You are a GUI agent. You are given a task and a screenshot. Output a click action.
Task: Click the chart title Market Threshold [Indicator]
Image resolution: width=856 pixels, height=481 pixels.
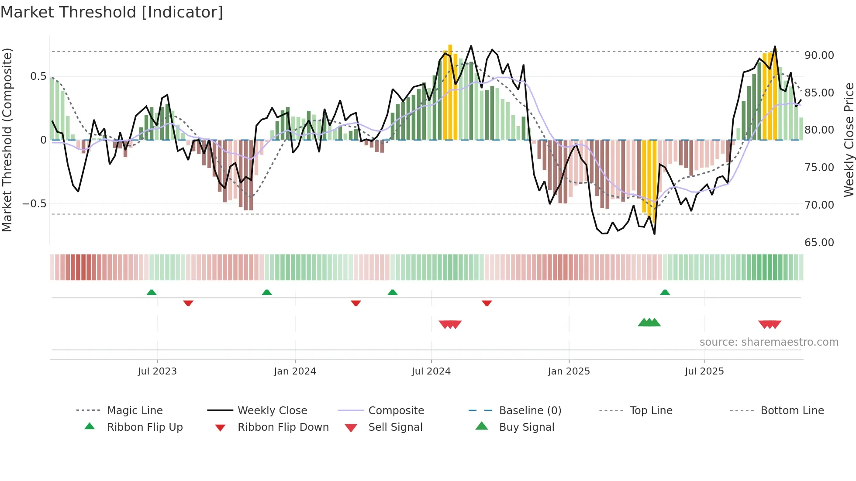112,12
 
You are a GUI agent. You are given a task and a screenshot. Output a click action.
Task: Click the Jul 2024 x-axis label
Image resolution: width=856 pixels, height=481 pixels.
431,371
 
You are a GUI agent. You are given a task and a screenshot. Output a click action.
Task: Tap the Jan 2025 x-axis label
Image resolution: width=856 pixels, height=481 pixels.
569,371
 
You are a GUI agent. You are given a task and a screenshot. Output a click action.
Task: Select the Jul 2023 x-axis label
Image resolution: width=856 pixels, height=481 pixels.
157,371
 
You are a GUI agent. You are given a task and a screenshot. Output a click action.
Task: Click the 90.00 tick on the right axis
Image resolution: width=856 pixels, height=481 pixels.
819,55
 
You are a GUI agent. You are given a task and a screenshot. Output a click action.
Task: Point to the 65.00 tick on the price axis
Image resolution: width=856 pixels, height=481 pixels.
819,242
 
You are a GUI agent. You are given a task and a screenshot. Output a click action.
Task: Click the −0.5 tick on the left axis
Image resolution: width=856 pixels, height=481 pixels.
34,204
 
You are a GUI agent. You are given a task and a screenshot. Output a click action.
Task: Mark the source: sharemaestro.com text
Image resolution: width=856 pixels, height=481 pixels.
769,342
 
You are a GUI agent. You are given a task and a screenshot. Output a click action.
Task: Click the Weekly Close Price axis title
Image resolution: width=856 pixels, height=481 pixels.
849,140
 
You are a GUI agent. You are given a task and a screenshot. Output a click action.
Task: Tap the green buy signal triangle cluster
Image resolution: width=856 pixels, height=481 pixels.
649,323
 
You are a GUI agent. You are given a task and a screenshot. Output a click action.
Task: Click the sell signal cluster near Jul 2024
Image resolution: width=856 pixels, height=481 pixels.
450,324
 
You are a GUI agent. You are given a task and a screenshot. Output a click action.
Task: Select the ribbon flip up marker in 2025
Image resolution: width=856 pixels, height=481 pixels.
665,292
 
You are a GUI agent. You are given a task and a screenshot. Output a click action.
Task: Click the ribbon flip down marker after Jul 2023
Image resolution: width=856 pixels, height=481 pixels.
188,303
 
